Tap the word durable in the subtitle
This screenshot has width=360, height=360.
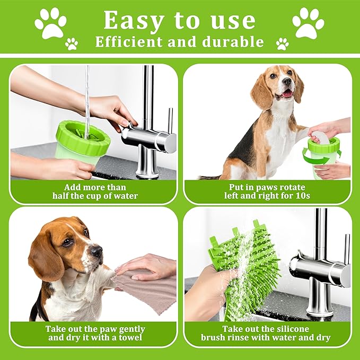(x=233, y=42)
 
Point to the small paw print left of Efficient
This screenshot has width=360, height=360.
(x=72, y=44)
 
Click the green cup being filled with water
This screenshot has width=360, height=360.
(x=82, y=142)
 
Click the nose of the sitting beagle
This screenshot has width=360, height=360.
(x=287, y=81)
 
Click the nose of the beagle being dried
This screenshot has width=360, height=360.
(x=97, y=251)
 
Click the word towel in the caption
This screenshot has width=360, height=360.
(x=130, y=338)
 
